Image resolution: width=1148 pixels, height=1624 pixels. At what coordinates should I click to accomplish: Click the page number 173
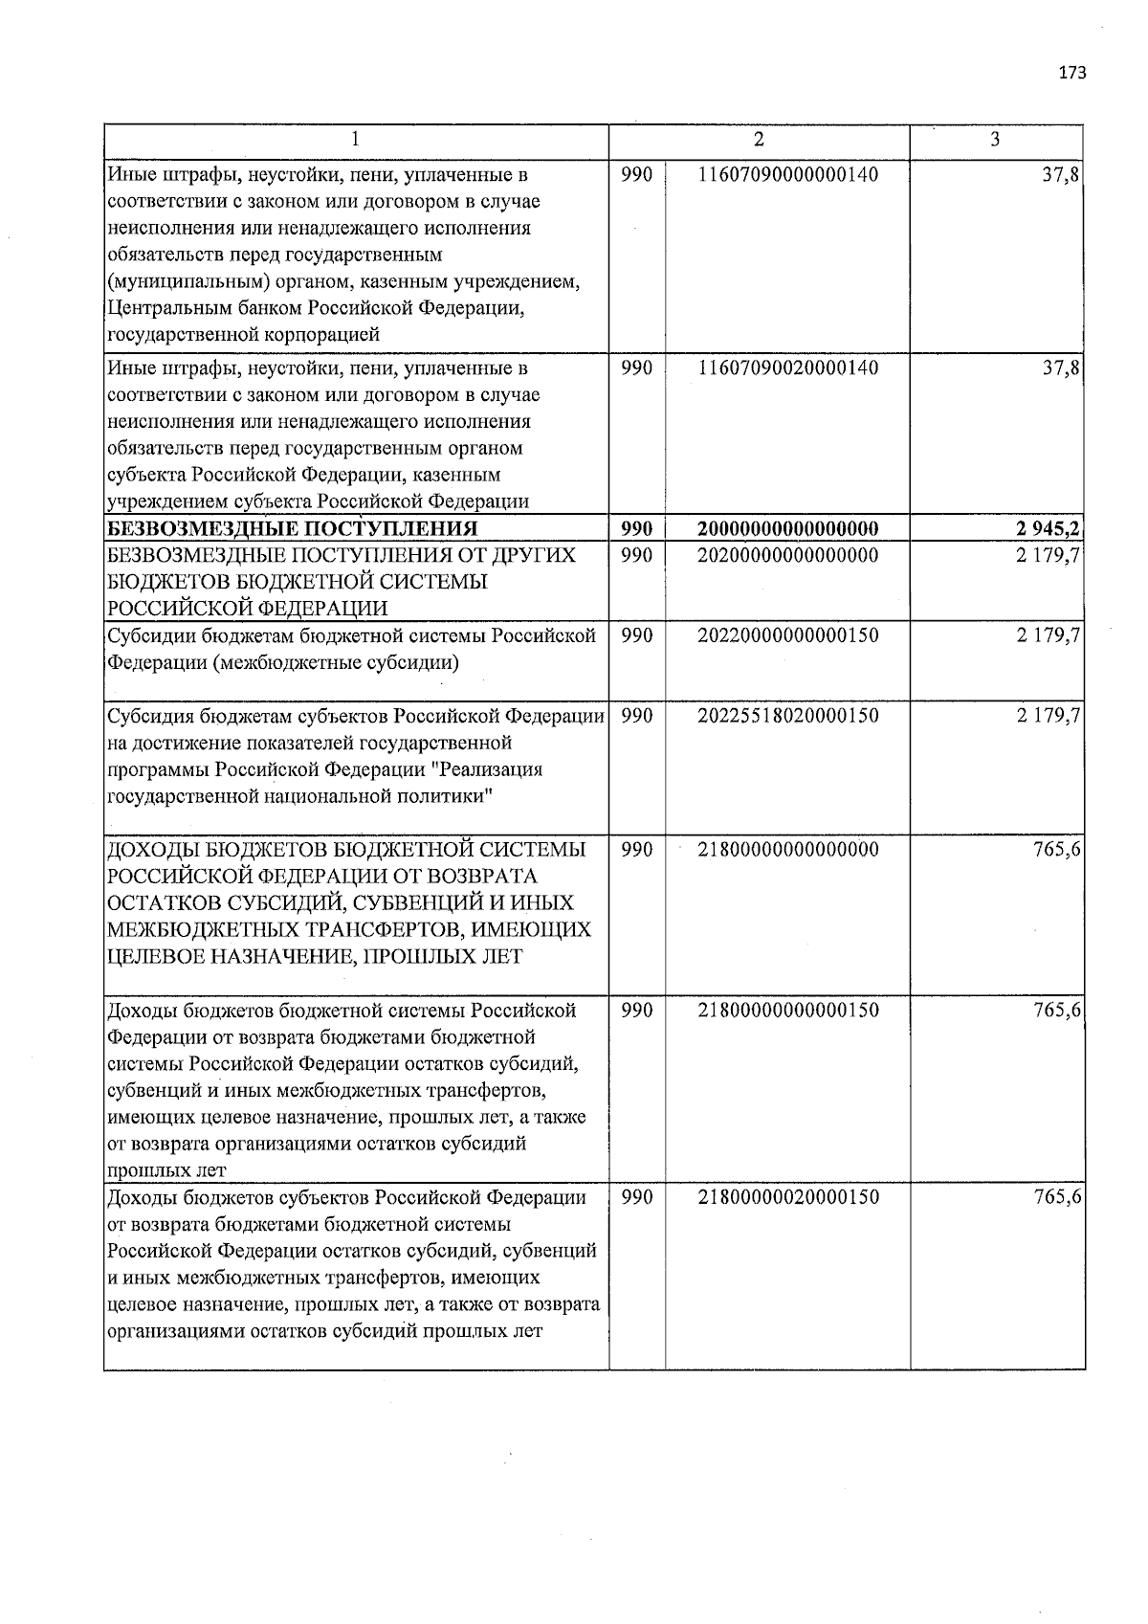pos(1072,73)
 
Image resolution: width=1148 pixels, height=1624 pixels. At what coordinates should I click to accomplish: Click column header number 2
pos(759,140)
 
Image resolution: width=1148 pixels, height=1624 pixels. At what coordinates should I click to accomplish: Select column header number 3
pos(995,140)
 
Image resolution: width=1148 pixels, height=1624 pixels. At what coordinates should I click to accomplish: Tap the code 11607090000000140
pos(787,175)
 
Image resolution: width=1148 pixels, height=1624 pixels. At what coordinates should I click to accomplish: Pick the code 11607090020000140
pos(787,368)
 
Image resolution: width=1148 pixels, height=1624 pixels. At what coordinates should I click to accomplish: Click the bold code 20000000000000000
pos(787,529)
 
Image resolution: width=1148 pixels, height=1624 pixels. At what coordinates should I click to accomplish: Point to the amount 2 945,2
pos(1049,529)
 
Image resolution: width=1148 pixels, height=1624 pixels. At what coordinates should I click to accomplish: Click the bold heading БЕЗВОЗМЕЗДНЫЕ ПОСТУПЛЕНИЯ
pos(292,529)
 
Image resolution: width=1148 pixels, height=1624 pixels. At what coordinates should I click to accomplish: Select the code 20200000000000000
pos(787,555)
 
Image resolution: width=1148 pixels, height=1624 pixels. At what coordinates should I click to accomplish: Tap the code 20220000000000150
pos(787,635)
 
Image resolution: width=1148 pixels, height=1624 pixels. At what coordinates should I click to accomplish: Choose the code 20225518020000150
pos(787,716)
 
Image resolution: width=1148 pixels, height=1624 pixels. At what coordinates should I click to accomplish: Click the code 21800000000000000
pos(787,850)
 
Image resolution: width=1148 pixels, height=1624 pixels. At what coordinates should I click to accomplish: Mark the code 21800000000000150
pos(787,1011)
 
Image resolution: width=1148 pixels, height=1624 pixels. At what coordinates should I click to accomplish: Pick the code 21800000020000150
pos(787,1197)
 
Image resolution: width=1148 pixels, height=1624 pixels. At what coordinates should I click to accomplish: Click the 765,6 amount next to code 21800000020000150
pos(1057,1197)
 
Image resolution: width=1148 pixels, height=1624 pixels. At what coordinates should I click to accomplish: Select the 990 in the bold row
pos(636,529)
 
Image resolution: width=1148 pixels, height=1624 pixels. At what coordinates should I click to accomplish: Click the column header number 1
pos(355,140)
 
